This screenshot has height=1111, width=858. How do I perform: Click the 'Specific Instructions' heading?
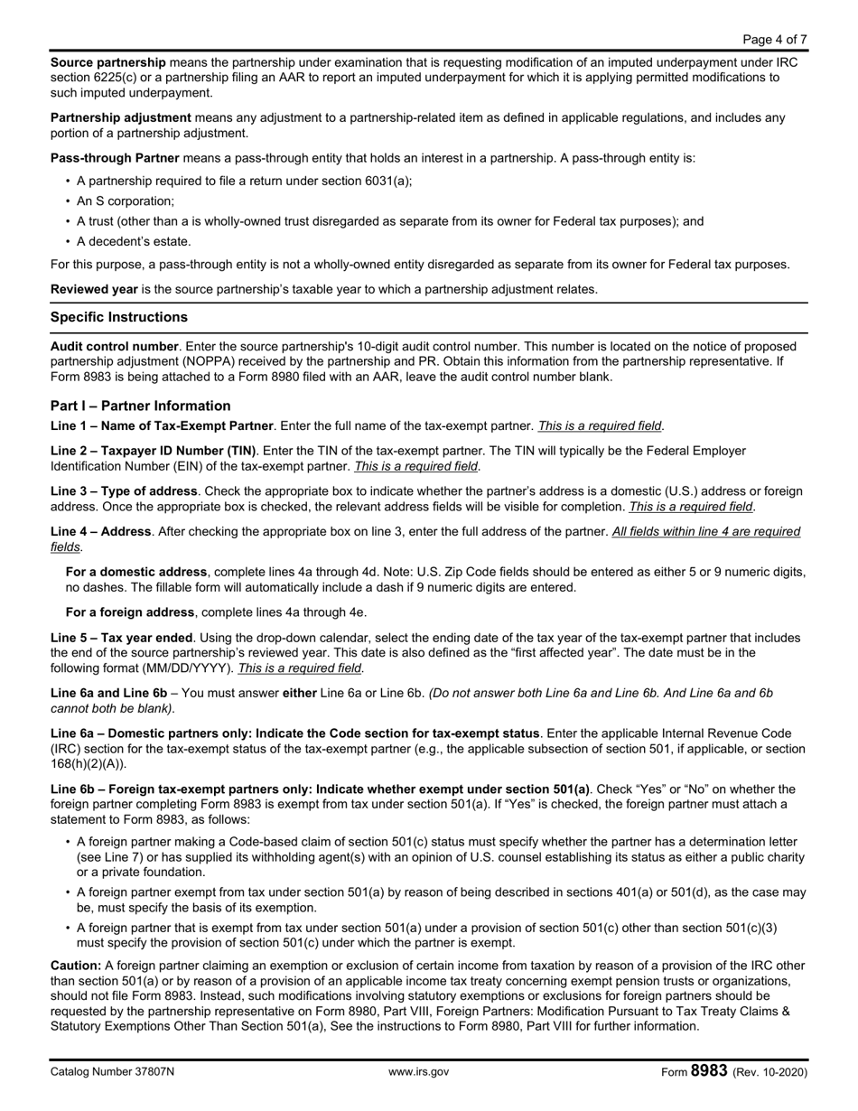119,317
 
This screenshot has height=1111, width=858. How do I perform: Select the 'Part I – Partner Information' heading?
140,406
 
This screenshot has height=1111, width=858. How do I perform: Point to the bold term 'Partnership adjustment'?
120,117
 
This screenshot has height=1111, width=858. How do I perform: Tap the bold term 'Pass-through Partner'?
114,158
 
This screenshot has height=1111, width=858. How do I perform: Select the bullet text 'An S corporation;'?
126,201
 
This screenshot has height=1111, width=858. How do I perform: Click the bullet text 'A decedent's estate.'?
134,241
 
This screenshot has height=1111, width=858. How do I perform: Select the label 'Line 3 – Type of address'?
124,490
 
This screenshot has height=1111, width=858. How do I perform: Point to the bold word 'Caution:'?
76,965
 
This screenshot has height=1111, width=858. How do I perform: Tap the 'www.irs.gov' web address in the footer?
418,1072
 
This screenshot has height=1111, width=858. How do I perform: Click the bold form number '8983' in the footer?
709,1071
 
